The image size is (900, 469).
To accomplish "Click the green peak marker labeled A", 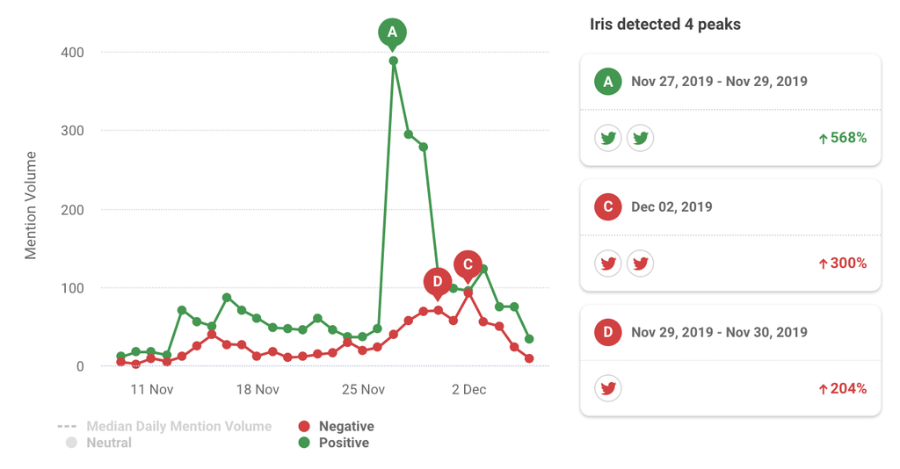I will click(393, 33).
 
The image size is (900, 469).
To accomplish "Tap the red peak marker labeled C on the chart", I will click(468, 264).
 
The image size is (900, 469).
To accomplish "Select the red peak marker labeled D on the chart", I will click(437, 282).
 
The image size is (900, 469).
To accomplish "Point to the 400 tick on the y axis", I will click(72, 53).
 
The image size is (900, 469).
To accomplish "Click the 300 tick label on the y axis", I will click(72, 131).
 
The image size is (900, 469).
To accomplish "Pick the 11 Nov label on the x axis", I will click(151, 389).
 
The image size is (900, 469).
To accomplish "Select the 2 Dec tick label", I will click(468, 389).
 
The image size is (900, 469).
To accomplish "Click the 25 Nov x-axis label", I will click(363, 389).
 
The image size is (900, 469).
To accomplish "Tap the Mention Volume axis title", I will click(31, 206).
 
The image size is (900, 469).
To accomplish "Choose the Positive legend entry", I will click(344, 443).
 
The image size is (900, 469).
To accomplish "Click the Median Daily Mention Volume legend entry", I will click(178, 426).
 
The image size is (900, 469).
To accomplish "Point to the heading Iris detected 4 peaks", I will click(665, 25).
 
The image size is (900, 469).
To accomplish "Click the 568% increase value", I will click(843, 138).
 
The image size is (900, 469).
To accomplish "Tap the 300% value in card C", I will click(843, 263).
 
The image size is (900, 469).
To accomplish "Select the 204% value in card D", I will click(843, 388).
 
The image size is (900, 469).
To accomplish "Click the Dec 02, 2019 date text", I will click(671, 207).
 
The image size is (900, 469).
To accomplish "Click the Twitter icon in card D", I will click(608, 388).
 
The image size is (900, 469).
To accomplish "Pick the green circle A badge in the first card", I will click(607, 82).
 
